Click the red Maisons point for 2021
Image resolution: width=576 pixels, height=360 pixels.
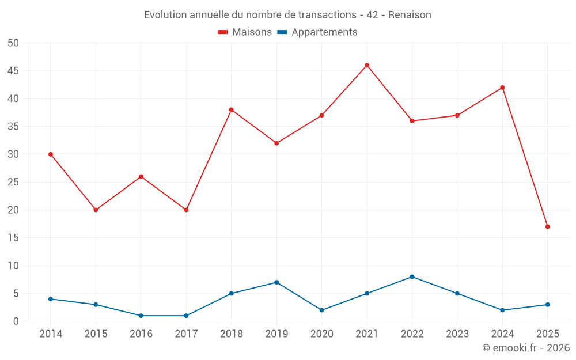pos(367,65)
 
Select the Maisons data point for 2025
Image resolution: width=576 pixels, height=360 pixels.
pos(547,226)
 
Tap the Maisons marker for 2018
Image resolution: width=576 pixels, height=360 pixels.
pos(232,109)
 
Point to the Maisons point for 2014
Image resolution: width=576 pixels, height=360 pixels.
pos(51,154)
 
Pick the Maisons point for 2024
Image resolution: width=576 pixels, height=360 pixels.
pos(502,88)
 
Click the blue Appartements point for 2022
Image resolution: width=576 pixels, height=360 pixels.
pos(412,276)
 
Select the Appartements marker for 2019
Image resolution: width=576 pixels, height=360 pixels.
pos(276,282)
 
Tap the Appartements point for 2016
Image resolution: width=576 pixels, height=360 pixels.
pos(141,316)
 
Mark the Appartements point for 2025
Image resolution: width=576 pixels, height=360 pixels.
pos(547,305)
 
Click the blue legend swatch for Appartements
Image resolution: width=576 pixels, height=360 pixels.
pos(282,32)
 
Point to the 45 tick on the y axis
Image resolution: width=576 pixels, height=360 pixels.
pos(13,71)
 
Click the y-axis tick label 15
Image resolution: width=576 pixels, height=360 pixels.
pos(13,238)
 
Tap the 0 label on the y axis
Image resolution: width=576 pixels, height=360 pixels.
pos(16,321)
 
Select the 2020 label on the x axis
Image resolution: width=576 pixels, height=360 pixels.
pos(321,334)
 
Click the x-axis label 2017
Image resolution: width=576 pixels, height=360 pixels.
pos(186,334)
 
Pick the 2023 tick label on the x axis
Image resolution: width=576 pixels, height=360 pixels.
pos(457,334)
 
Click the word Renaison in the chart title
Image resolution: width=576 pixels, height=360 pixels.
pos(410,15)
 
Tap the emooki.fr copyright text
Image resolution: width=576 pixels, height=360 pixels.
pos(526,348)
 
